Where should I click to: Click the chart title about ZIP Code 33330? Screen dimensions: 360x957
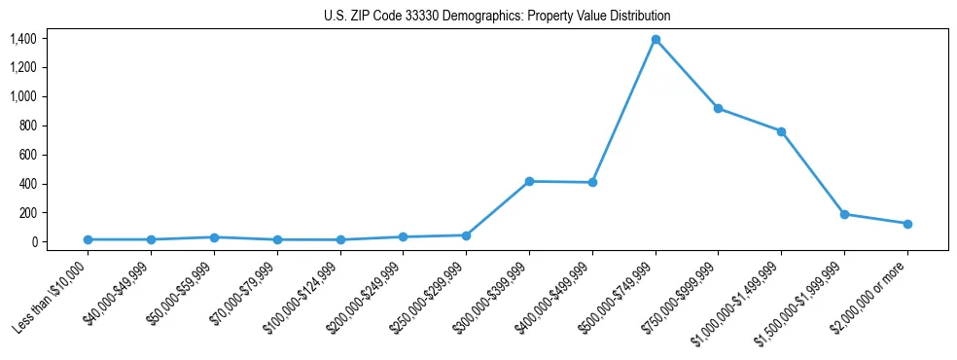[497, 16]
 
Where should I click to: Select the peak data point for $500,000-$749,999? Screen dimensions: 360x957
[656, 40]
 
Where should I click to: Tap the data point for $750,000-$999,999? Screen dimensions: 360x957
[718, 108]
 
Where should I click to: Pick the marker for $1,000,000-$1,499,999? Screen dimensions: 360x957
[781, 131]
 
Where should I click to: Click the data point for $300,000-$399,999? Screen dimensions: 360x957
[529, 181]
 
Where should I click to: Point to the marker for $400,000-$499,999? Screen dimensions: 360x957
[592, 182]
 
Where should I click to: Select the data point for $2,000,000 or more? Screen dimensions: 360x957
[907, 224]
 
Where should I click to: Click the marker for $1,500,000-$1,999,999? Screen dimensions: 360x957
[844, 214]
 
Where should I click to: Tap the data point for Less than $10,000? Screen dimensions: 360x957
[88, 239]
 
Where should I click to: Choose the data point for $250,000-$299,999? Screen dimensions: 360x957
[466, 235]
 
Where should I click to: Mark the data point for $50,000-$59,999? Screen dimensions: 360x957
[214, 237]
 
